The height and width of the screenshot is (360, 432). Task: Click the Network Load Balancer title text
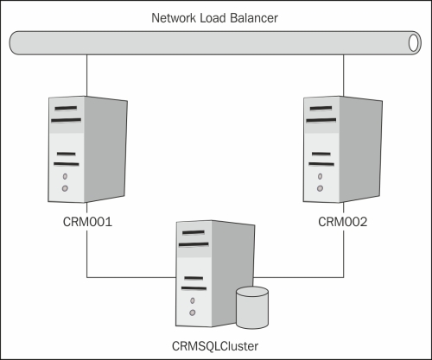pyautogui.click(x=214, y=18)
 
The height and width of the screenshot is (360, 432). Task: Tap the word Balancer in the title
pyautogui.click(x=254, y=18)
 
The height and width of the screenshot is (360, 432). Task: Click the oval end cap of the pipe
pyautogui.click(x=414, y=43)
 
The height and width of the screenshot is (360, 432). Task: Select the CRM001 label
pyautogui.click(x=87, y=222)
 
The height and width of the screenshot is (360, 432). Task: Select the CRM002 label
pyautogui.click(x=343, y=222)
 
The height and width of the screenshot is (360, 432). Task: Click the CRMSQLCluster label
pyautogui.click(x=215, y=346)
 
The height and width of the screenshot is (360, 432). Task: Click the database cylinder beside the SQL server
pyautogui.click(x=252, y=307)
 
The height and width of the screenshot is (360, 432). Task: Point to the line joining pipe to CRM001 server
pyautogui.click(x=86, y=75)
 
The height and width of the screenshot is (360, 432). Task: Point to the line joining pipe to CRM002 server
pyautogui.click(x=343, y=75)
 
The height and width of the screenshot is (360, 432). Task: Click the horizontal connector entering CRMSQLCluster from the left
pyautogui.click(x=131, y=277)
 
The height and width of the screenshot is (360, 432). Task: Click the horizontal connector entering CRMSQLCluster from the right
pyautogui.click(x=299, y=277)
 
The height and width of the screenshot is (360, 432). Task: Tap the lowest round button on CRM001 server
pyautogui.click(x=65, y=188)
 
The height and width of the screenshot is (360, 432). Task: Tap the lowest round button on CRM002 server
pyautogui.click(x=320, y=188)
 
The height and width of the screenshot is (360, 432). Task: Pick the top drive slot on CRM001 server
pyautogui.click(x=66, y=108)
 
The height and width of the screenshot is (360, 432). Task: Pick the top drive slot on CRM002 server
pyautogui.click(x=321, y=108)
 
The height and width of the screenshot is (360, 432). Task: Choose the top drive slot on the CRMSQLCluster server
pyautogui.click(x=194, y=232)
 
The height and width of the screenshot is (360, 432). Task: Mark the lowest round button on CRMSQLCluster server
pyautogui.click(x=193, y=313)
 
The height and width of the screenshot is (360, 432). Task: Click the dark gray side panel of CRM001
pyautogui.click(x=105, y=148)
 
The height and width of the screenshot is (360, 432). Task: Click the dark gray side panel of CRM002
pyautogui.click(x=360, y=148)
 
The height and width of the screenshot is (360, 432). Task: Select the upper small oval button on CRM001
pyautogui.click(x=65, y=176)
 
